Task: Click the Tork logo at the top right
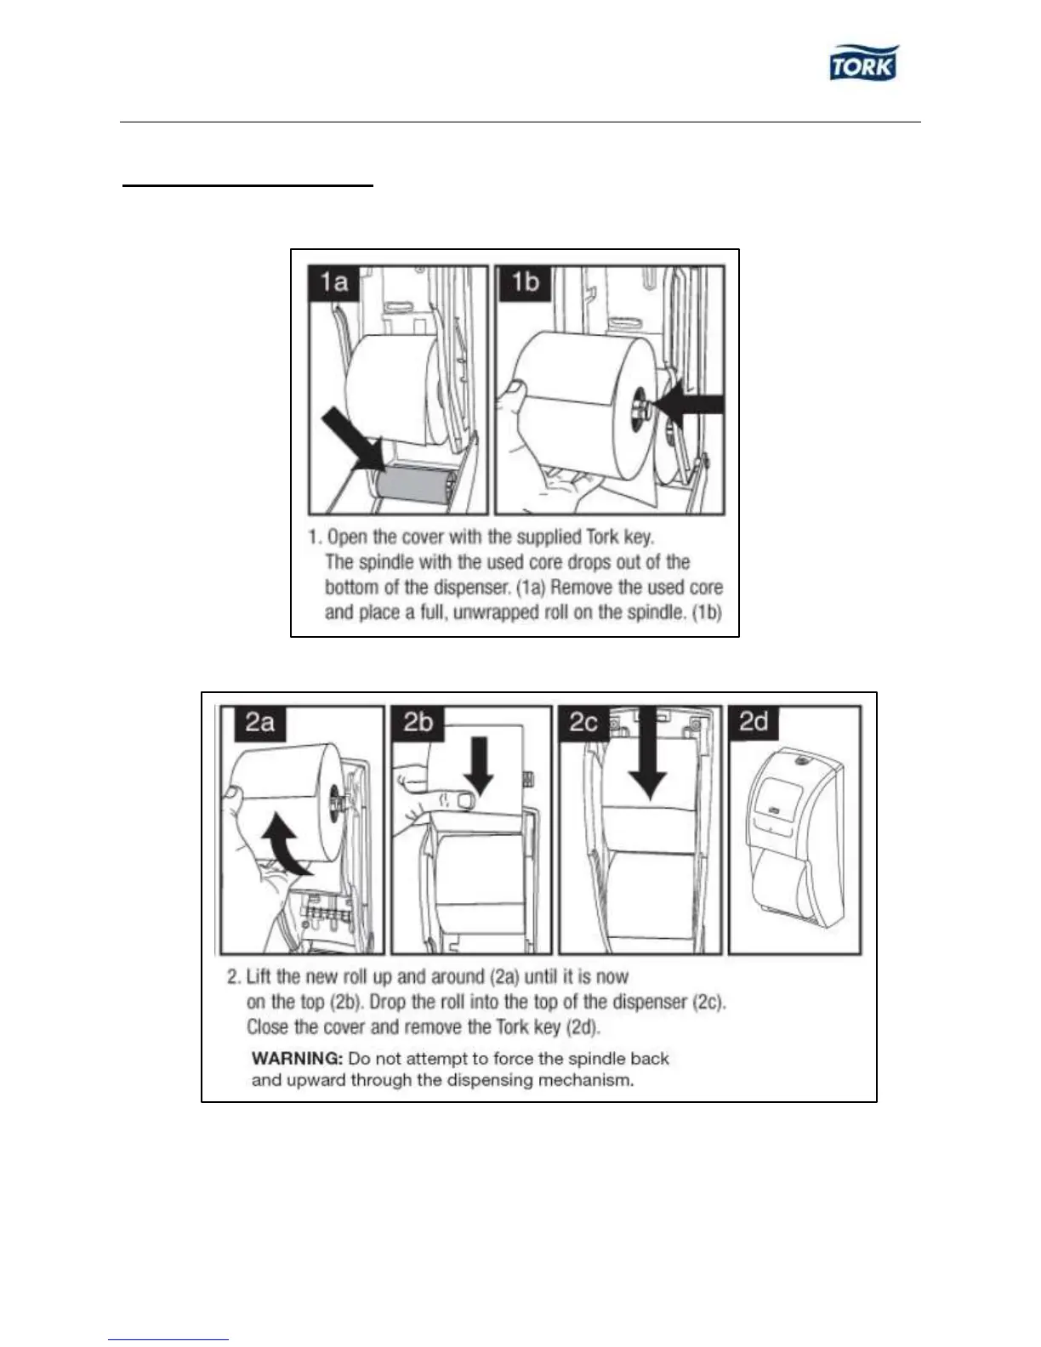coord(863,63)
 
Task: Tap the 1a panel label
coord(334,281)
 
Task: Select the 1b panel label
coord(525,281)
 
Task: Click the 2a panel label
coord(259,722)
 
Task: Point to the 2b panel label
coord(418,722)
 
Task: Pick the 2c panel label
coord(583,722)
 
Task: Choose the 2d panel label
coord(754,722)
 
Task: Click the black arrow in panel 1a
coord(350,438)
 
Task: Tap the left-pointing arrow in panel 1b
coord(692,406)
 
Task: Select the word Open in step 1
coord(347,537)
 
